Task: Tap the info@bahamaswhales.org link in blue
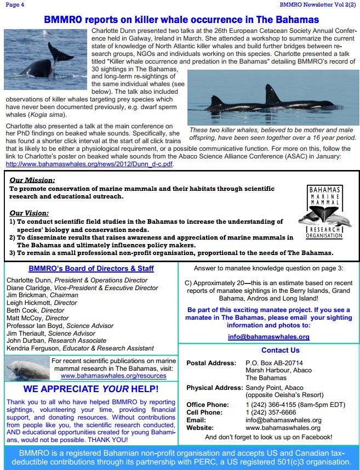point(268,337)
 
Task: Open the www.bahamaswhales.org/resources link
point(113,376)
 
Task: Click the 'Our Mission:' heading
point(32,180)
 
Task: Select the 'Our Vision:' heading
point(30,213)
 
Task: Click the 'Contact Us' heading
point(280,350)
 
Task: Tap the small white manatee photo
point(26,369)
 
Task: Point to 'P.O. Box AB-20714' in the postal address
point(274,363)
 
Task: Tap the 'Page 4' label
point(15,4)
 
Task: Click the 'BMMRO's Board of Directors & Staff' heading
point(90,269)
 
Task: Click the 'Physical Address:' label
point(214,388)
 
